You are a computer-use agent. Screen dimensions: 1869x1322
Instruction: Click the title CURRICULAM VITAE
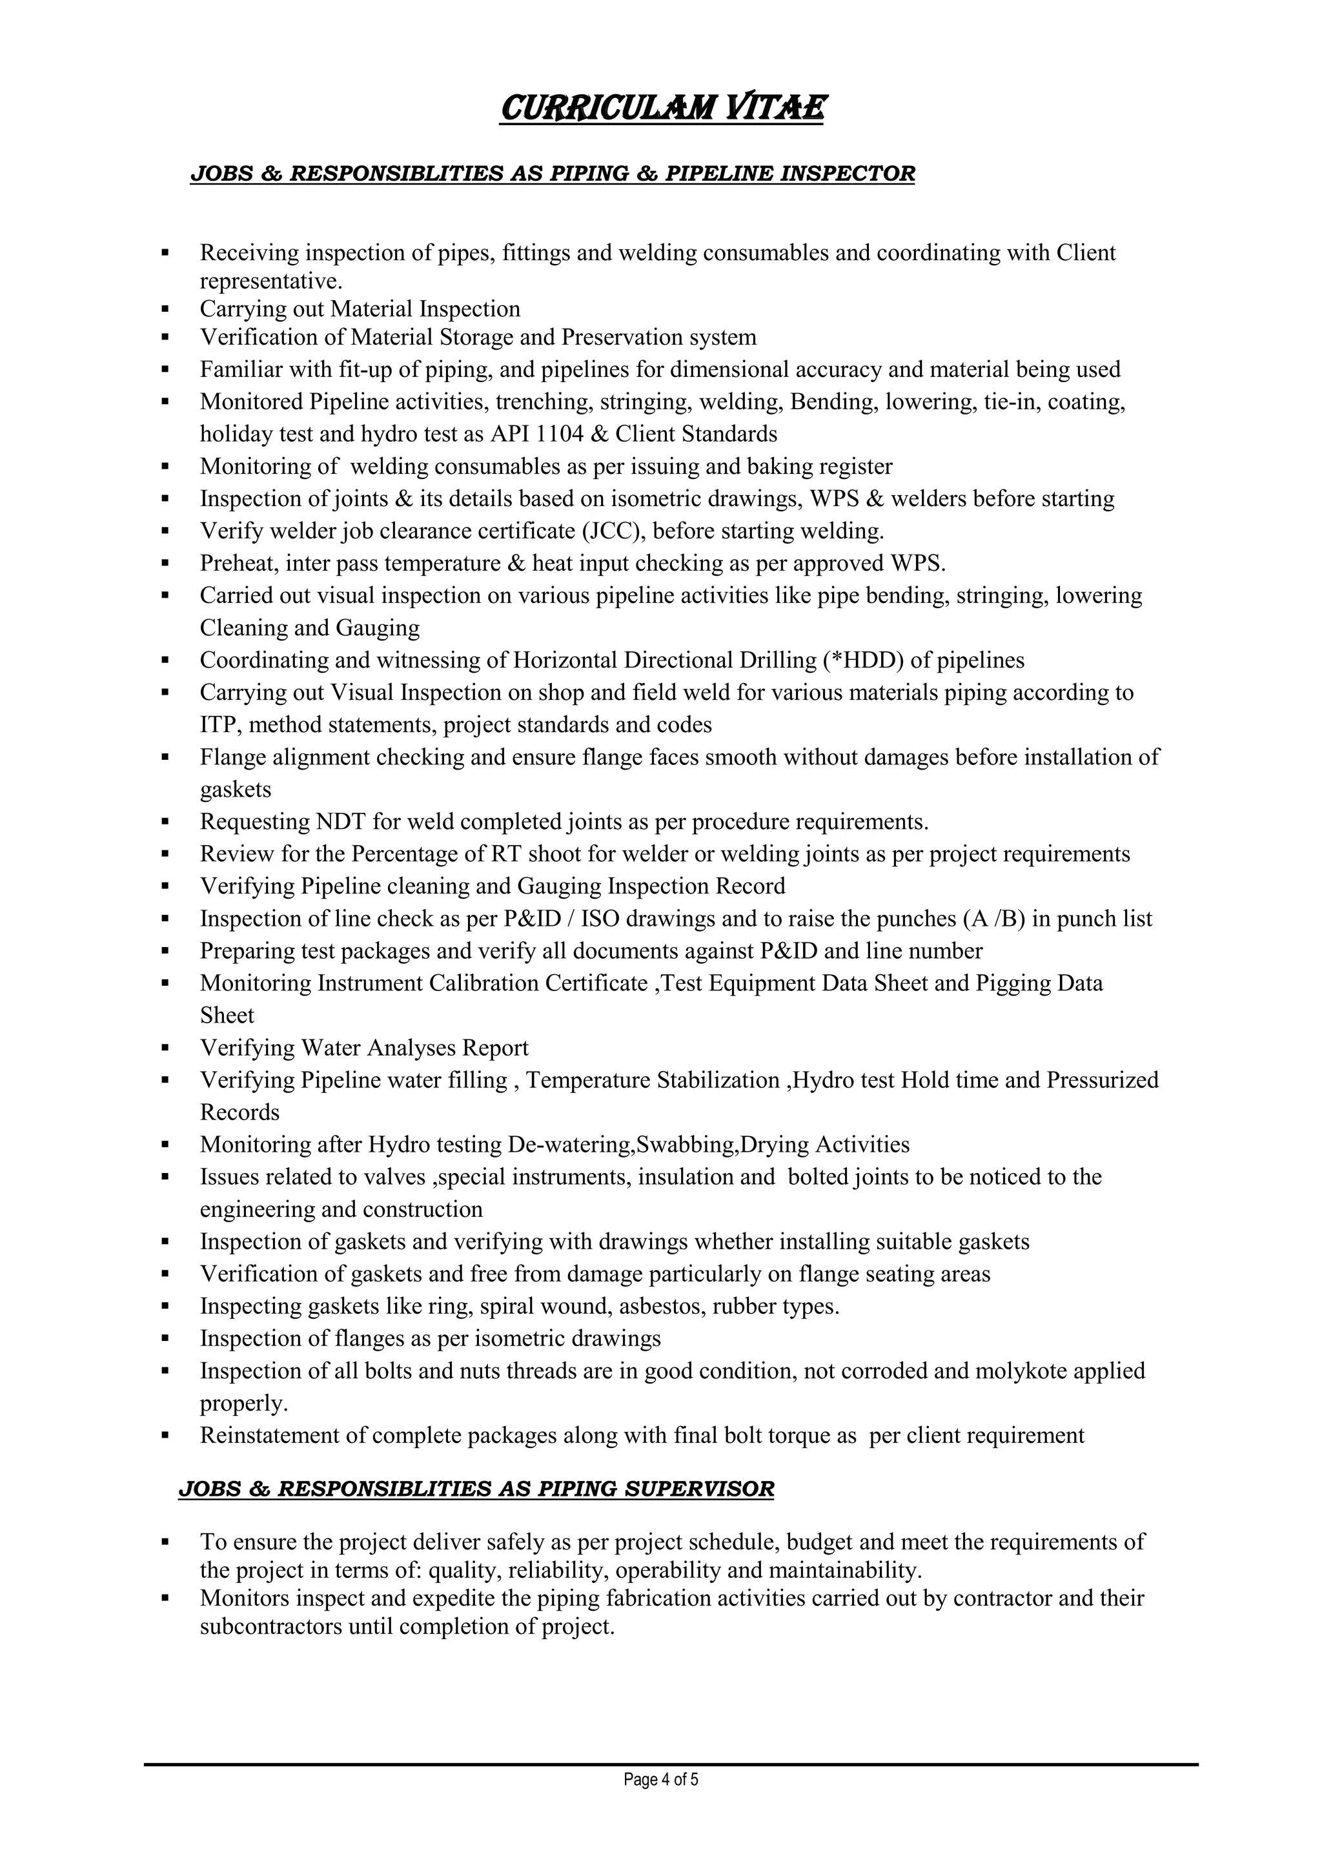661,108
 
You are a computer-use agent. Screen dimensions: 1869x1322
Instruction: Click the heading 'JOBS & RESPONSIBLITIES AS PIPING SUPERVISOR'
476,1489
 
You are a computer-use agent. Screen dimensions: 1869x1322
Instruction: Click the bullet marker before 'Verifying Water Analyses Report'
165,1048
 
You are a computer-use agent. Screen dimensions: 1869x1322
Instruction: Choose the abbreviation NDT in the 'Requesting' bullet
341,822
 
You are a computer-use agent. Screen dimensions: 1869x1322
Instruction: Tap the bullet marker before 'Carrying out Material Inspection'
165,309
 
